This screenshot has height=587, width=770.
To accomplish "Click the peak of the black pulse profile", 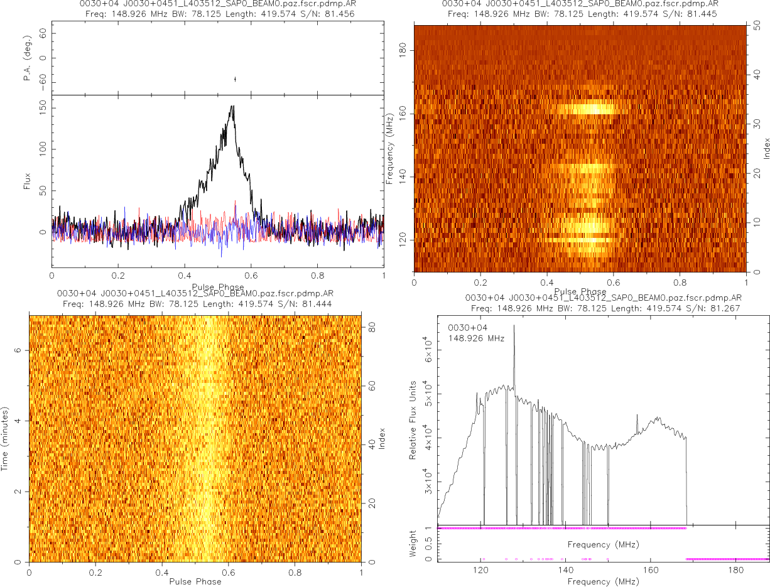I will pyautogui.click(x=232, y=106).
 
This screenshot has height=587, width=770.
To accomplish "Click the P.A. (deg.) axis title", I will pyautogui.click(x=28, y=58).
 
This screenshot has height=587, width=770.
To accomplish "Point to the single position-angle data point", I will pyautogui.click(x=235, y=79).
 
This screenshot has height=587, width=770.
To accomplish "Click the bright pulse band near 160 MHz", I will pyautogui.click(x=594, y=109).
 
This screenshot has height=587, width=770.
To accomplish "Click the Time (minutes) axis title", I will pyautogui.click(x=5, y=437).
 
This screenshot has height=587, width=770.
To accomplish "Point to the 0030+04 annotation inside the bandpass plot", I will pyautogui.click(x=464, y=327).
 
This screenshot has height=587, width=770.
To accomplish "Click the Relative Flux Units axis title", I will pyautogui.click(x=413, y=419).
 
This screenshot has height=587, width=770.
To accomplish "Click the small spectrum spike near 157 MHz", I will pyautogui.click(x=637, y=415).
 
